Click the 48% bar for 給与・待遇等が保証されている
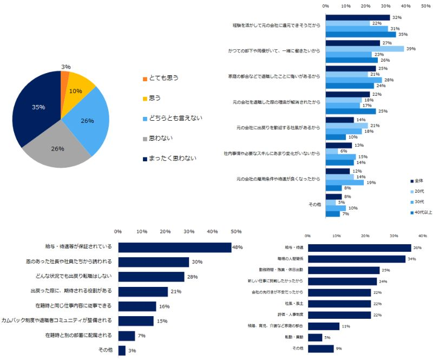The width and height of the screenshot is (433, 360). [x=174, y=247]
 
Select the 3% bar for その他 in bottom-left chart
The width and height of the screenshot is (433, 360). [x=122, y=350]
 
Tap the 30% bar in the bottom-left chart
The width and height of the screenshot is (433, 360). [x=153, y=262]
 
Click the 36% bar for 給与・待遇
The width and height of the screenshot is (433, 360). [x=359, y=248]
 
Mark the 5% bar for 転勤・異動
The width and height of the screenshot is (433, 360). [x=314, y=337]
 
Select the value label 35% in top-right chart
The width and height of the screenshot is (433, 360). [x=402, y=34]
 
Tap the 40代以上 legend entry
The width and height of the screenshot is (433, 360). [x=422, y=212]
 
